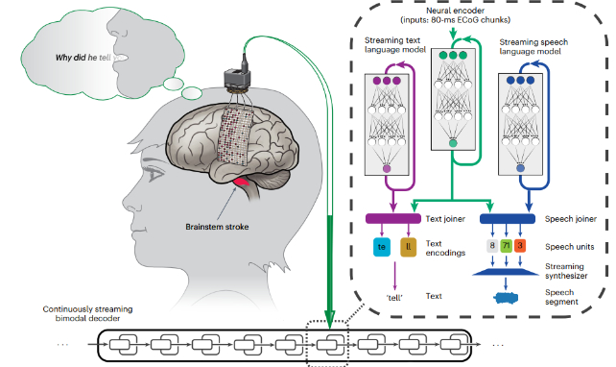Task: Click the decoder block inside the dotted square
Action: click(328, 342)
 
